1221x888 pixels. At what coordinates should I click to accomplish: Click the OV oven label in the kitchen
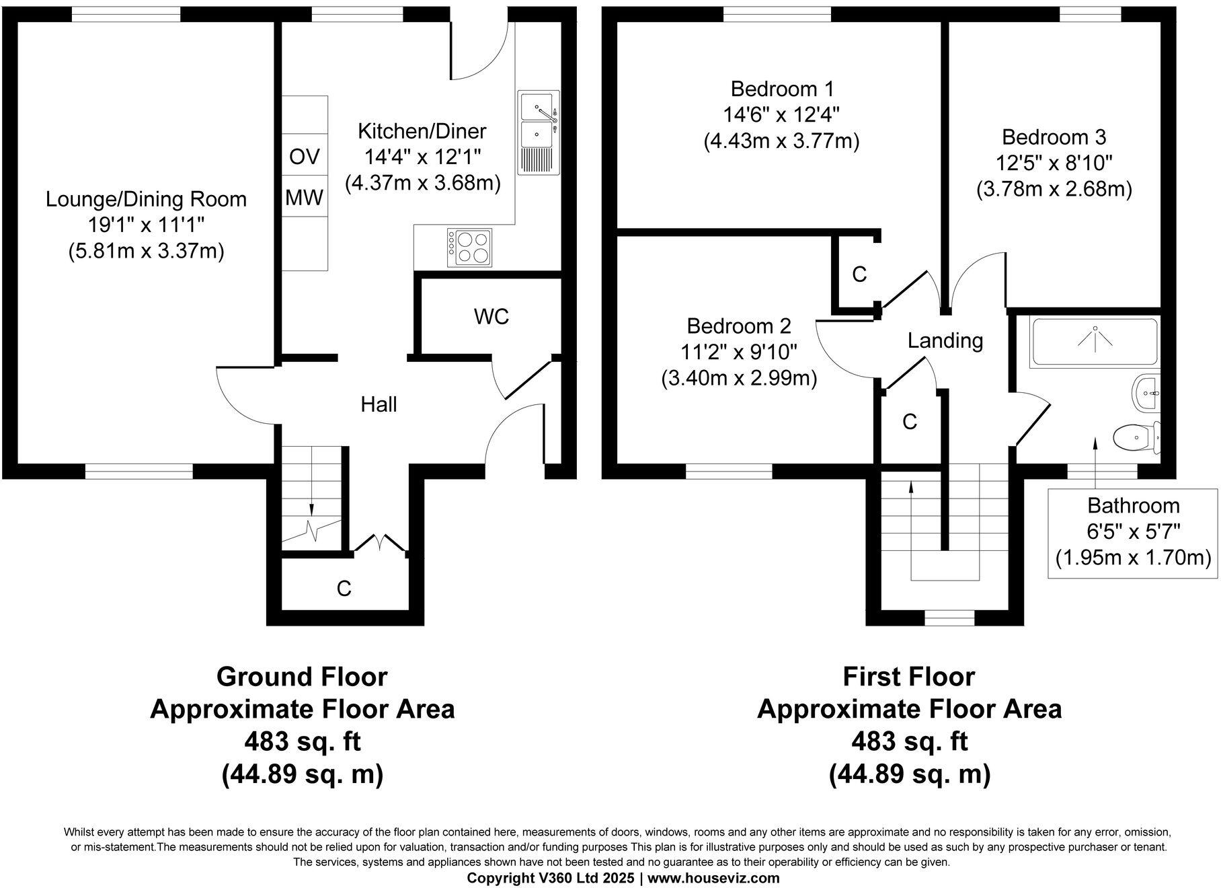tap(304, 157)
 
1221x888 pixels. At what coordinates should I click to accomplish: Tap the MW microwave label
tap(304, 197)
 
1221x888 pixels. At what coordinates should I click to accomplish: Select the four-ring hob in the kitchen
tap(469, 248)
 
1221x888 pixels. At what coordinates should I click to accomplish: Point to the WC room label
tap(491, 317)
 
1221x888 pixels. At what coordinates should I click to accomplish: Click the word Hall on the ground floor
tap(379, 404)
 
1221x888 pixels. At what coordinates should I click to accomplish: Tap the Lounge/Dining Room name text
tap(146, 199)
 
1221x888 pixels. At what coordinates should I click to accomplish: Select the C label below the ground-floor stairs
tap(344, 589)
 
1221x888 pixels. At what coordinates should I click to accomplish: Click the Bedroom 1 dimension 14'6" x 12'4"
tap(782, 115)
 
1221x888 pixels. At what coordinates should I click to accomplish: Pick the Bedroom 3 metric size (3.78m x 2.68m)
tap(1054, 189)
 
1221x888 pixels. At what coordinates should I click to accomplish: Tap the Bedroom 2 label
tap(738, 326)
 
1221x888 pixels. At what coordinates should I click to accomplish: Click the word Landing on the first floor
tap(945, 340)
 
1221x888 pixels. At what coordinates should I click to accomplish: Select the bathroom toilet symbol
tap(1136, 438)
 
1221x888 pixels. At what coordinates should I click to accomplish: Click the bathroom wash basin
tap(1146, 393)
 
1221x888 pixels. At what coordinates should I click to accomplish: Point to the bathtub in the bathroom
tap(1094, 341)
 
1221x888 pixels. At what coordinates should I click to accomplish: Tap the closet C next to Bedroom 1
tap(859, 274)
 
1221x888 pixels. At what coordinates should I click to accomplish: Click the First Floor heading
tap(908, 677)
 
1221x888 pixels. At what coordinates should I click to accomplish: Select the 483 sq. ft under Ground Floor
tap(302, 742)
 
